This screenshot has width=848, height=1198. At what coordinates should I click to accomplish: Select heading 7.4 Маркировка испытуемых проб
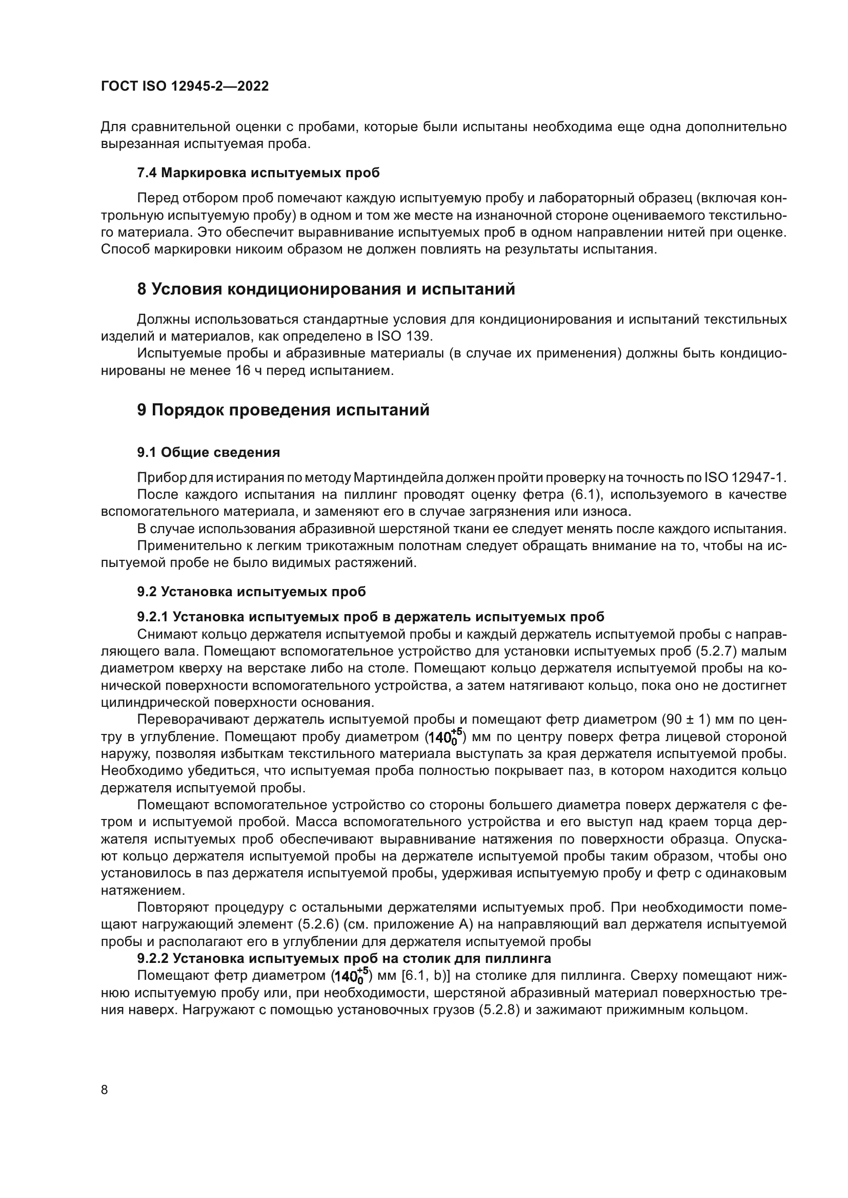[x=258, y=173]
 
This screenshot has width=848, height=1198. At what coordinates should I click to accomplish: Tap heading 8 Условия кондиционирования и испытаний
[x=326, y=289]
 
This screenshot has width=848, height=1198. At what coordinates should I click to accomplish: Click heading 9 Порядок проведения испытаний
[x=283, y=410]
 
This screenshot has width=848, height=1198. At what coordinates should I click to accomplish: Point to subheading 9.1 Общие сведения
[x=208, y=452]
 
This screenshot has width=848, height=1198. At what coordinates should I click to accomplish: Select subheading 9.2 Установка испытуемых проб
[x=251, y=592]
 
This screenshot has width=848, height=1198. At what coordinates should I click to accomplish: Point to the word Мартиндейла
[x=398, y=477]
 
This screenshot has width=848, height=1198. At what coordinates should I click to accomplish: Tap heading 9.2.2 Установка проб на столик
[x=344, y=958]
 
